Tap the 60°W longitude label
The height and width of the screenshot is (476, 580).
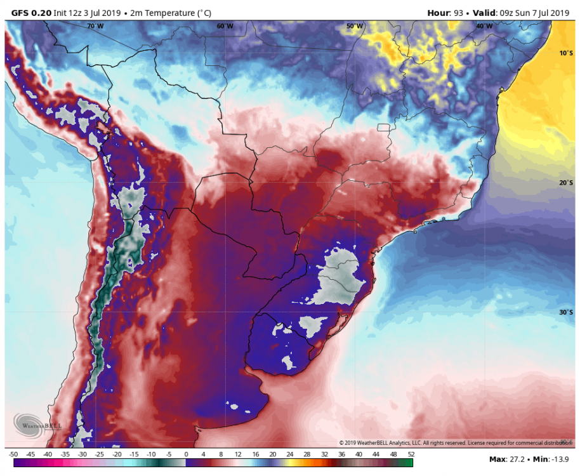click(x=225, y=26)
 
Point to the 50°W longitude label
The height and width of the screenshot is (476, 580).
click(x=355, y=26)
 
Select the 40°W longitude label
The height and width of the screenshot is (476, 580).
click(x=484, y=26)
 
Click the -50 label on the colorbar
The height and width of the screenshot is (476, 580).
click(x=13, y=454)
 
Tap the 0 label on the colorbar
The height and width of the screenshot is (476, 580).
click(x=185, y=454)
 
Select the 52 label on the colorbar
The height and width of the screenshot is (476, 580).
click(x=411, y=454)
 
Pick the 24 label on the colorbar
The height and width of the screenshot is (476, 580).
click(x=289, y=454)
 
